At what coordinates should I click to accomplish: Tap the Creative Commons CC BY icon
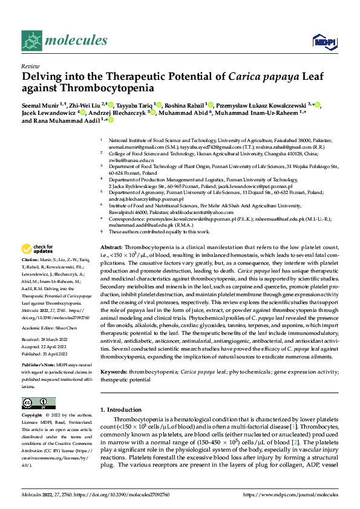pos(35,403)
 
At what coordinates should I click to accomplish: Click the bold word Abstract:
pos(111,248)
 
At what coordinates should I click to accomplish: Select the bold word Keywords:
pos(113,357)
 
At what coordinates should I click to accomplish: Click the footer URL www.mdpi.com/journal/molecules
pos(290,494)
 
